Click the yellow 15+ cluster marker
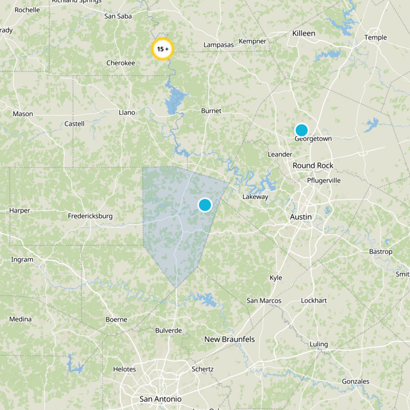163,50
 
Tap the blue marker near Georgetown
301,130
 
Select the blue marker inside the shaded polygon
205,205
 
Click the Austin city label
301,217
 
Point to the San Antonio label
160,399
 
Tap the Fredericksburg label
90,216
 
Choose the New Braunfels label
230,339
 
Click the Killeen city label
304,33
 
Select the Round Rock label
313,166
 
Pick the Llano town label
127,112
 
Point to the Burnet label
211,111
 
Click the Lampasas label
219,45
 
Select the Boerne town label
116,319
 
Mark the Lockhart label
314,300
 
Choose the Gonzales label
356,381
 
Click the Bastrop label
381,252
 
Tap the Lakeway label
255,197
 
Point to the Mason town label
23,114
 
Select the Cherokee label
120,63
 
